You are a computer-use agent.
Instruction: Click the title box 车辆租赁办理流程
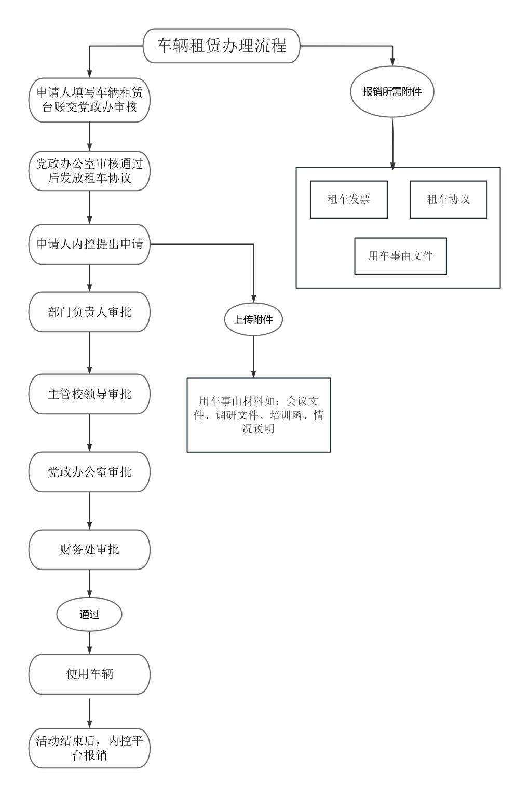coord(222,46)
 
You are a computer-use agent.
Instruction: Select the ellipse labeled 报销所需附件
coord(392,92)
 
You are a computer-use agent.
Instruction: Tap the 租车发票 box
coord(349,199)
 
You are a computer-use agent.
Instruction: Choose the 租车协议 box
coord(449,199)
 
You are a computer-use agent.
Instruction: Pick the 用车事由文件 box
coord(400,256)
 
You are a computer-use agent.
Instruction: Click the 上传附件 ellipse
coord(253,319)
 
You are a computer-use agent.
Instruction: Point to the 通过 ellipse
coord(89,615)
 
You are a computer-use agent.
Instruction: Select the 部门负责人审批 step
coord(89,312)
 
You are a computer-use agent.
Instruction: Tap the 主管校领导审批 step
coord(89,394)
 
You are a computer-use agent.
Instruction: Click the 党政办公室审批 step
coord(89,472)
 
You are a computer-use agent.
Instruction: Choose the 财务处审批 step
coord(89,549)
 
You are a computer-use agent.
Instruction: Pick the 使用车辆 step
coord(89,674)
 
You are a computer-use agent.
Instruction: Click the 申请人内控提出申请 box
coord(89,244)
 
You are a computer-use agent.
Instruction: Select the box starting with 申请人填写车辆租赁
coord(89,100)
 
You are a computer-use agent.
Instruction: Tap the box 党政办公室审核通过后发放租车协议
coord(89,171)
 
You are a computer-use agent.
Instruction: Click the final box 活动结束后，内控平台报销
coord(89,748)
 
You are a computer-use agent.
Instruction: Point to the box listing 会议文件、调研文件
coord(259,415)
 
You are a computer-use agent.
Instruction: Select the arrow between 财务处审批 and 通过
coord(89,584)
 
